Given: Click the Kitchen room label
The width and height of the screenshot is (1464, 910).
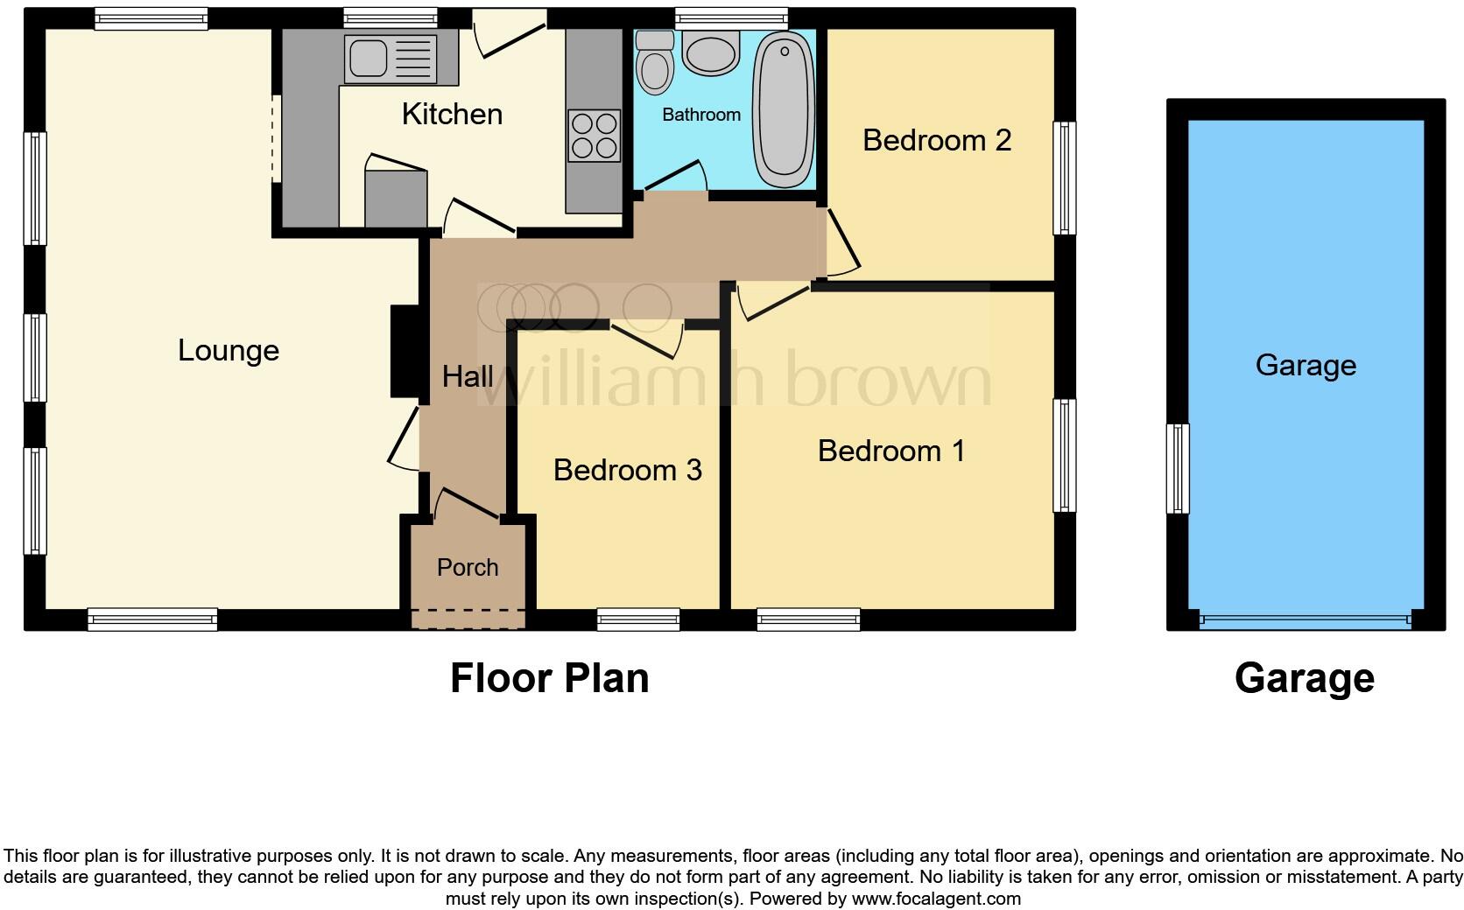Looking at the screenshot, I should tap(452, 114).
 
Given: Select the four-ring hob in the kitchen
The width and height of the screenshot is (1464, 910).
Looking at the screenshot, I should tap(595, 136).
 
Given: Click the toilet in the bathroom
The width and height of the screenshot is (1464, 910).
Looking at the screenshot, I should tap(655, 64).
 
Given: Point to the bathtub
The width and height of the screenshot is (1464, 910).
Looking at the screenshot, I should tap(785, 109).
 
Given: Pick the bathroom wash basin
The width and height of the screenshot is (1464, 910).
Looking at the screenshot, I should tap(710, 52).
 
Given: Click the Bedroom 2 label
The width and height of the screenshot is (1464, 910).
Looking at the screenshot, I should tap(937, 140).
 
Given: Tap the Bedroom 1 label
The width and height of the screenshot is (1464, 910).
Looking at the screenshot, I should tap(891, 451).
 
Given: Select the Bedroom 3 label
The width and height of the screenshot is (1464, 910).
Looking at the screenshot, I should tap(627, 470).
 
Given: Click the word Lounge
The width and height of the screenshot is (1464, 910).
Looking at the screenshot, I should tap(229, 350).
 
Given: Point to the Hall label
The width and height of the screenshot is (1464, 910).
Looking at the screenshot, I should tap(468, 376).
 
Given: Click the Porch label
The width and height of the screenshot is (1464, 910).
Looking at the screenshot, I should tap(468, 567).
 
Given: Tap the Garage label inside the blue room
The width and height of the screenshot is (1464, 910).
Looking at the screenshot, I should tap(1306, 365).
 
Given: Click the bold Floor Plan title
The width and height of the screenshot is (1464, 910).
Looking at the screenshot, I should tap(549, 678).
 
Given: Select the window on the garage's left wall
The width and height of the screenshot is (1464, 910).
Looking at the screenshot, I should tap(1179, 468).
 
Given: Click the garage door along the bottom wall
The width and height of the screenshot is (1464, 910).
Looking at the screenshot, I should tap(1305, 620).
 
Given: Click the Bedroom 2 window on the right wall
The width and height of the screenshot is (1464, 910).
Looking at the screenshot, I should tap(1064, 178).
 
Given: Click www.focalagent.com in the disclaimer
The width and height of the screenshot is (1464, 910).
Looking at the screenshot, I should tap(936, 899).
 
